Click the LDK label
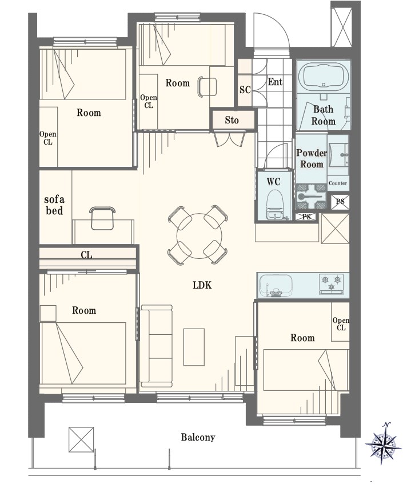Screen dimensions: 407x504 click(x=202, y=285)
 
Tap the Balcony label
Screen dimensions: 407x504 click(x=198, y=437)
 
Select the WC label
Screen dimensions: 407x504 click(x=273, y=182)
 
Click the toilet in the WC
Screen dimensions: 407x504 click(x=274, y=205)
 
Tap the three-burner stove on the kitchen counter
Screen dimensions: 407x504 click(x=331, y=283)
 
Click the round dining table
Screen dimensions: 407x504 click(x=199, y=235)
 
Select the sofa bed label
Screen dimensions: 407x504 click(x=54, y=205)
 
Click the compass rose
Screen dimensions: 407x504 click(x=383, y=444)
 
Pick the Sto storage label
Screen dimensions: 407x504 click(x=232, y=120)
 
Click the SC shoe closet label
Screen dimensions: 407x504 click(x=245, y=89)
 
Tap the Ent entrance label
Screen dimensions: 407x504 click(x=275, y=82)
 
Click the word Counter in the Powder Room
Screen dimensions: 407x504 click(x=338, y=183)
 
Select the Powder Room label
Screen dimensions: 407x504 click(x=311, y=158)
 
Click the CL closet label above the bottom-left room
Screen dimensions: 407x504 click(x=86, y=255)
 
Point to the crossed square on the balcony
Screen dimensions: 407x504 click(x=81, y=439)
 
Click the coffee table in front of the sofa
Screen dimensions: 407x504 click(x=194, y=347)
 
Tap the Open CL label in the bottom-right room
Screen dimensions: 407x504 click(x=341, y=323)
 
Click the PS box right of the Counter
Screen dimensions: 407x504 click(x=340, y=202)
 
